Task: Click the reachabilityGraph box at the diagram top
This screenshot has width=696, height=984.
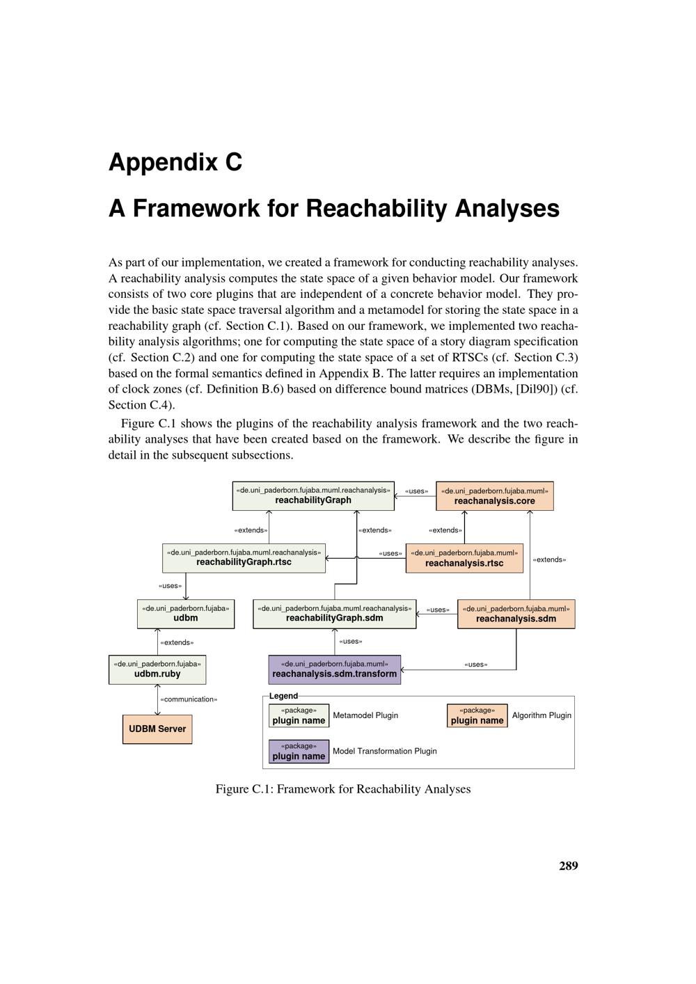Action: pos(313,495)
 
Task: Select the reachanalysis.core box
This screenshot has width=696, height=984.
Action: pos(495,495)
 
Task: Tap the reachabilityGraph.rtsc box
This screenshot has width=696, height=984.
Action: pos(244,557)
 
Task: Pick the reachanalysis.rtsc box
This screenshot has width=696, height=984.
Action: pos(464,558)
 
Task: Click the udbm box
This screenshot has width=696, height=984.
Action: pos(186,613)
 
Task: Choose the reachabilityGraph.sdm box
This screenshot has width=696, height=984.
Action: pos(335,613)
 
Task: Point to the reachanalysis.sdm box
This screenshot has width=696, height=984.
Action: pos(516,613)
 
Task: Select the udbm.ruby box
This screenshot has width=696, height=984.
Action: pos(157,669)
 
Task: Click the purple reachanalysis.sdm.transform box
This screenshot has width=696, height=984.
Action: pos(335,669)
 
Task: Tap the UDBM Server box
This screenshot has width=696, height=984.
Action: pos(157,729)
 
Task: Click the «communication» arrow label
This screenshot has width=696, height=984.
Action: pos(189,699)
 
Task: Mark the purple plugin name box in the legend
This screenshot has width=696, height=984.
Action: pos(299,751)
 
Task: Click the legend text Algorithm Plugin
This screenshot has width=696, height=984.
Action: pos(541,715)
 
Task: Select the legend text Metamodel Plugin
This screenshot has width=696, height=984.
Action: pos(365,715)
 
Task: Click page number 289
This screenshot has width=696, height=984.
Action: pos(568,866)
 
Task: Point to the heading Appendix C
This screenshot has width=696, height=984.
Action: pos(175,162)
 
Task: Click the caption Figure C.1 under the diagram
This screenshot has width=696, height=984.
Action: pos(343,789)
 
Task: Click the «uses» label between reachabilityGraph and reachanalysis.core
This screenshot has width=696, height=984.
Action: pos(416,491)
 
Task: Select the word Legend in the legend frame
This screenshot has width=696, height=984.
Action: pos(283,696)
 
